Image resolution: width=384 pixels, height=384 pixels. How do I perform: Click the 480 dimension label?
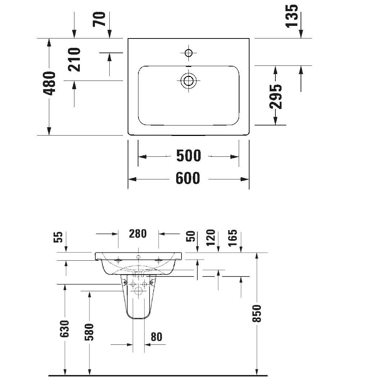[50, 83]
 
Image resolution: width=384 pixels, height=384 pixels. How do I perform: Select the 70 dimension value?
[100, 19]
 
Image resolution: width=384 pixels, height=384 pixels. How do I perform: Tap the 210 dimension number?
[74, 59]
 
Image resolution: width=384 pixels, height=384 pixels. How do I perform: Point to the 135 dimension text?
[292, 15]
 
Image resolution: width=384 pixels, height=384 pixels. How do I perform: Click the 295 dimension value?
[276, 96]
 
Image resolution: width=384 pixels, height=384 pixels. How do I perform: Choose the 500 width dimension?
[188, 156]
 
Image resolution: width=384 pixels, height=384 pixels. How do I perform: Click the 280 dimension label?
[138, 234]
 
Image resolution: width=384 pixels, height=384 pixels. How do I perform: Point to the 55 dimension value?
[59, 237]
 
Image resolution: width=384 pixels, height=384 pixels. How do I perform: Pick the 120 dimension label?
[211, 237]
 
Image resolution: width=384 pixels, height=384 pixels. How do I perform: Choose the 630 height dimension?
[65, 329]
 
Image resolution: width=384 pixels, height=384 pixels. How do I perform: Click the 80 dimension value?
[156, 337]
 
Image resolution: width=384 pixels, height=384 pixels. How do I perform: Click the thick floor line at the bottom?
[158, 376]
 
